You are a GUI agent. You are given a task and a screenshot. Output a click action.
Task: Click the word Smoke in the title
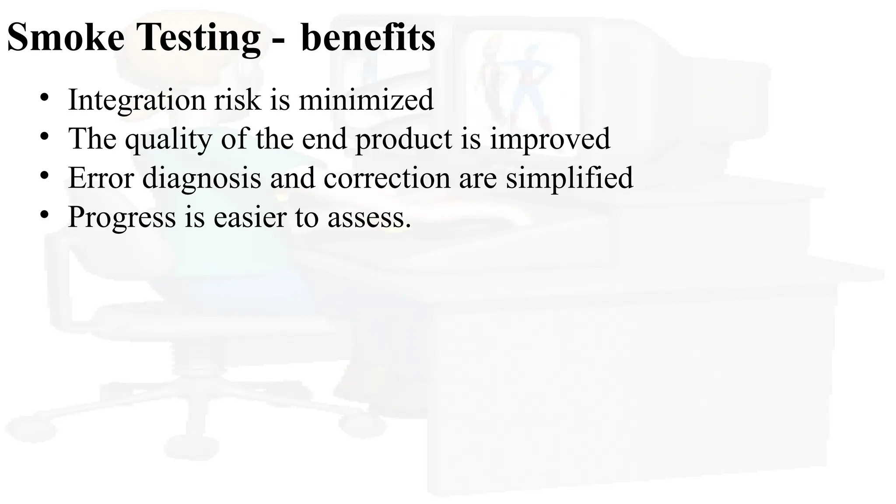click(66, 38)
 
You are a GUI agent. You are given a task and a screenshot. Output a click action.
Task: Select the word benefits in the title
click(368, 38)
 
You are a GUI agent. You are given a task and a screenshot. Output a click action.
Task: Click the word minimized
click(366, 100)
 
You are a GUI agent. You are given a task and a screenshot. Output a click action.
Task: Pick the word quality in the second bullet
click(168, 140)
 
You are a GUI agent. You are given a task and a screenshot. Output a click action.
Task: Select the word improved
click(549, 140)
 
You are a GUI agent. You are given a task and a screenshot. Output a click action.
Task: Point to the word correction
click(387, 178)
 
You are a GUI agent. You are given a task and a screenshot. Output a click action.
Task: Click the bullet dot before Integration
click(44, 98)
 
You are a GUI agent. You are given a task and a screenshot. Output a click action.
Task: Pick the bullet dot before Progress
click(44, 214)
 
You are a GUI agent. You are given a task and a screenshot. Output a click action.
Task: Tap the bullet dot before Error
click(44, 175)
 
